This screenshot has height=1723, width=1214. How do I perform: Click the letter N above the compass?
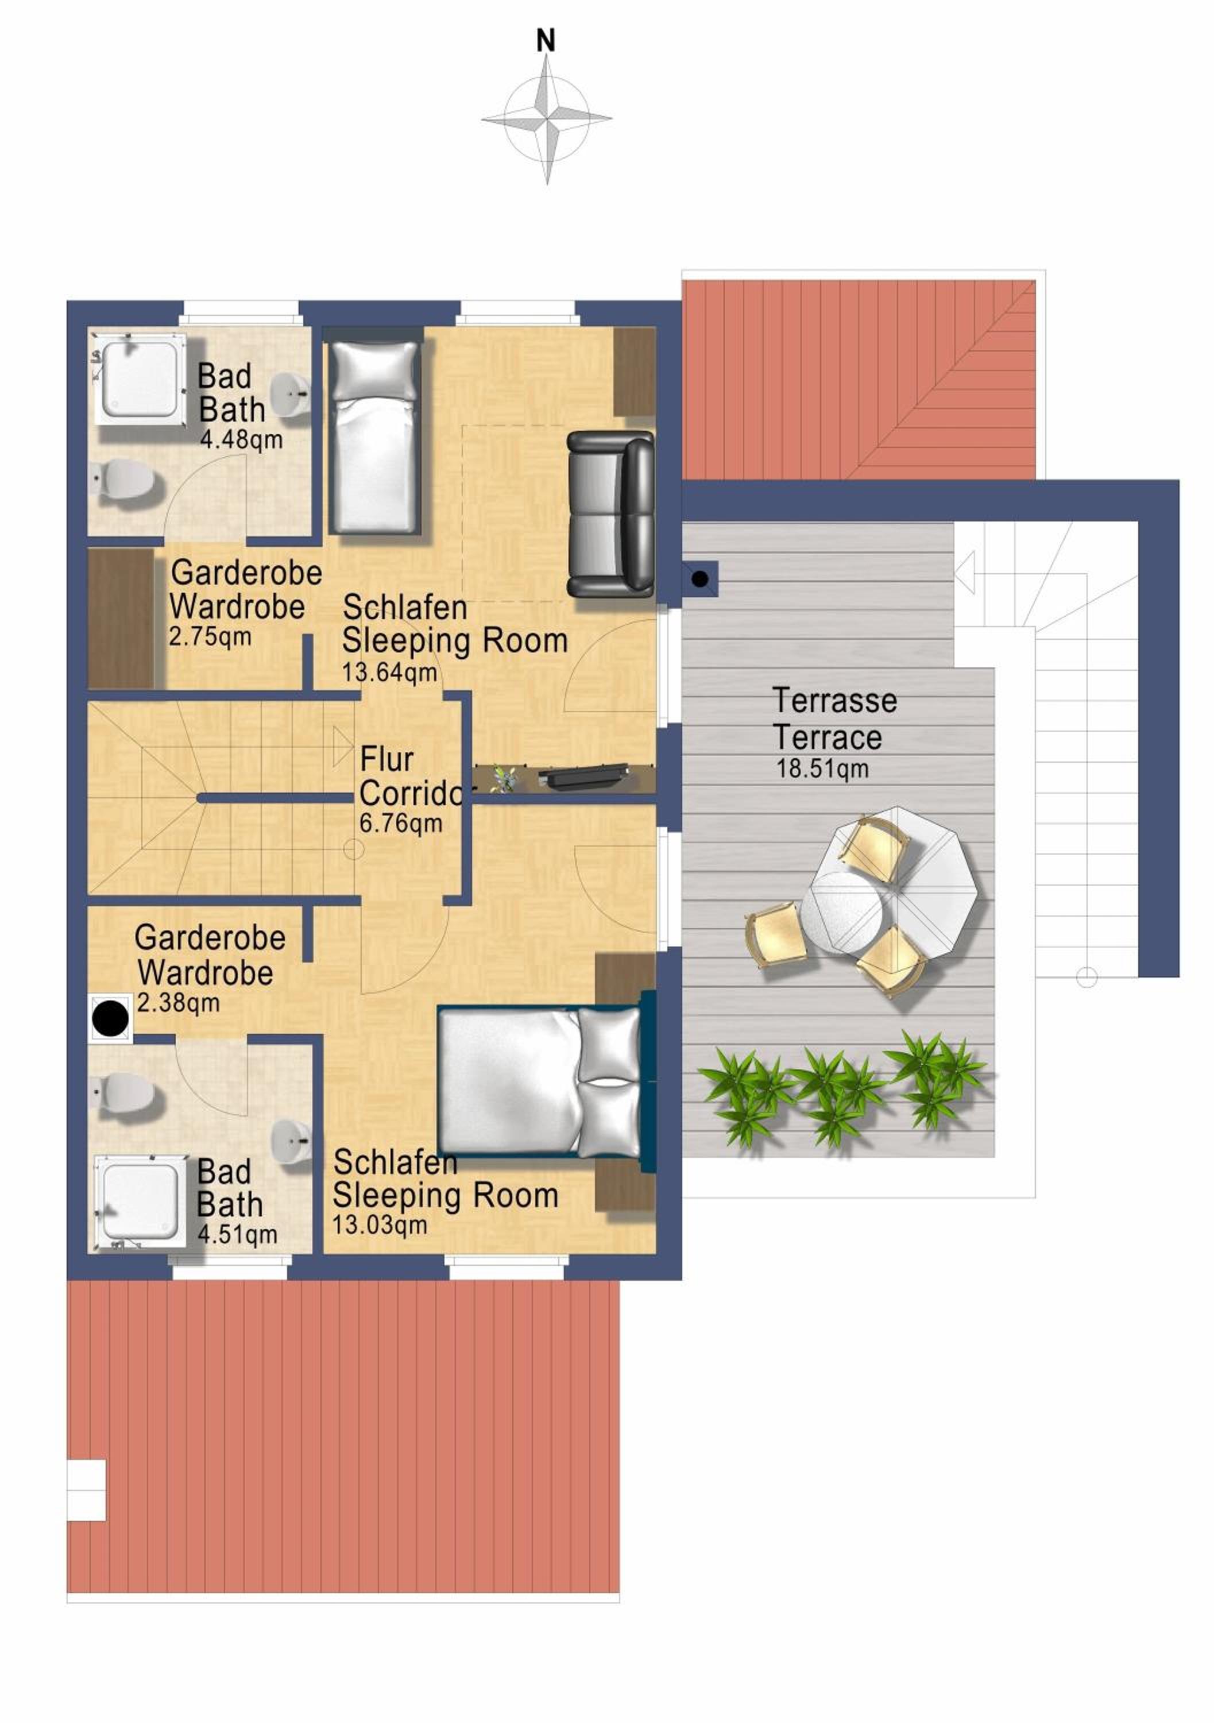(546, 41)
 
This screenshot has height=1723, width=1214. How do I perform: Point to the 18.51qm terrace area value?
(822, 769)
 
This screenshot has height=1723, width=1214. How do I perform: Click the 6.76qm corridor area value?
(401, 823)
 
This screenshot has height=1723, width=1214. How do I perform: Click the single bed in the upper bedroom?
(374, 436)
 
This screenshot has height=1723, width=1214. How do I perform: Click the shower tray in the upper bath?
(140, 380)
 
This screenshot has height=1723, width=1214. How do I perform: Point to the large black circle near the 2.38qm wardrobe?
(110, 1018)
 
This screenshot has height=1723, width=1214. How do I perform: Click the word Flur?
(386, 759)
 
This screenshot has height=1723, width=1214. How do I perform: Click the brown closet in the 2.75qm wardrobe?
(122, 619)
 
